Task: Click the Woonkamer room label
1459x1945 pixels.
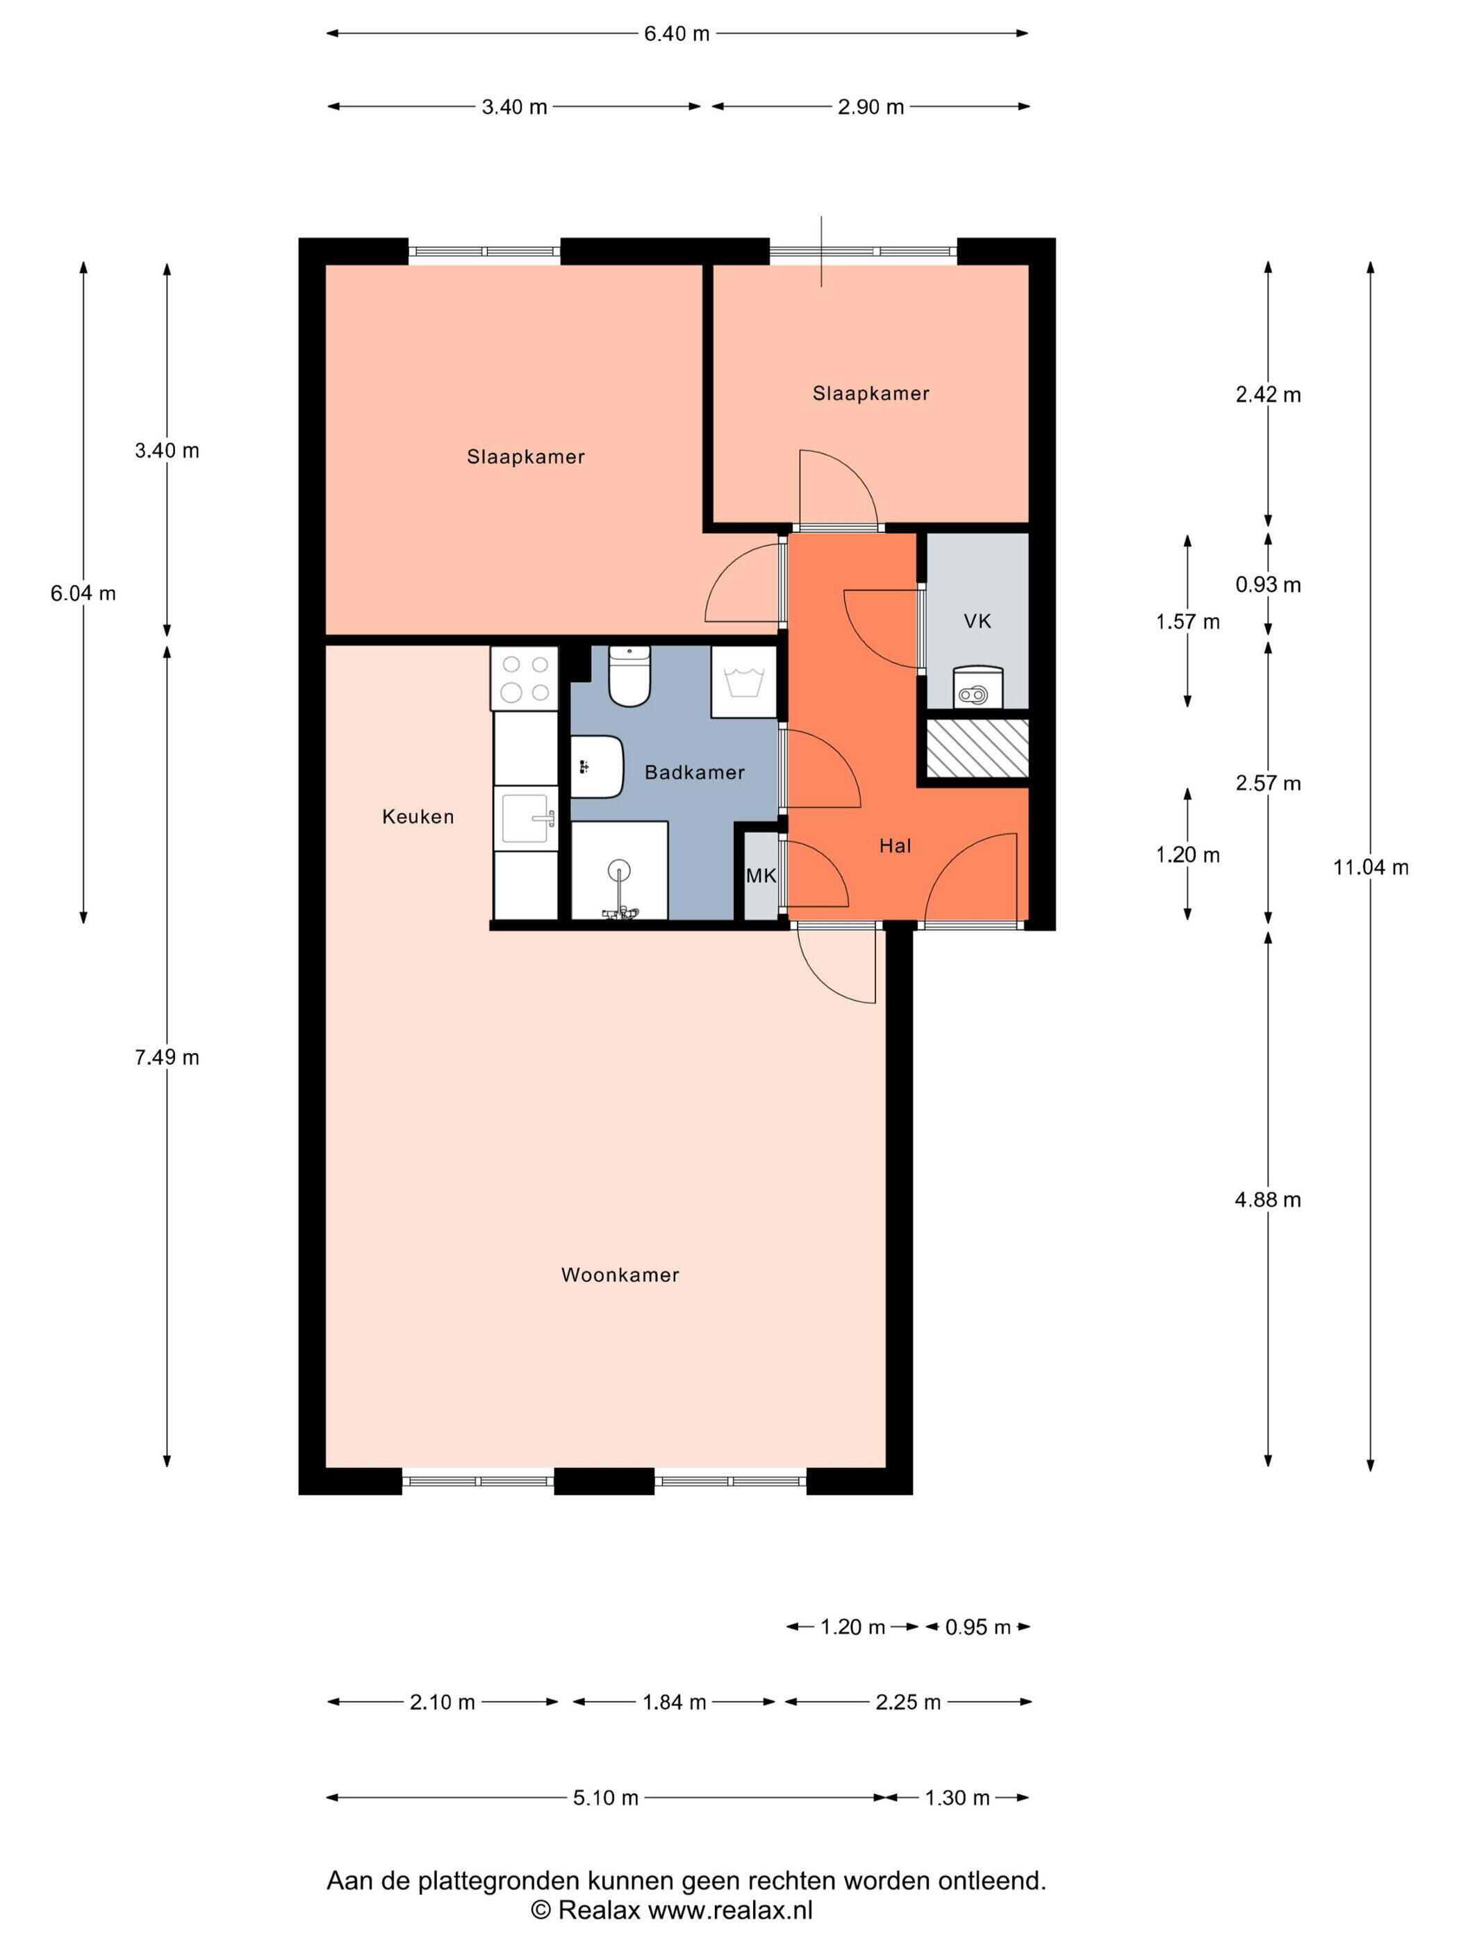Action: point(620,1275)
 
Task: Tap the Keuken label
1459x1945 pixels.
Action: point(418,817)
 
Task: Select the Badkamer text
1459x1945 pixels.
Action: point(695,772)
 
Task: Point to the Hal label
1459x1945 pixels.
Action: point(896,846)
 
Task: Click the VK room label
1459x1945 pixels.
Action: point(977,622)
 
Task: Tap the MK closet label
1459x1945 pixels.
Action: point(761,876)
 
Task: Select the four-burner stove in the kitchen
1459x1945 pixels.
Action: point(524,678)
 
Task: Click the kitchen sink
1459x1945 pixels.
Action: point(526,818)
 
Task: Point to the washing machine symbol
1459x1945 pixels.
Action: point(744,682)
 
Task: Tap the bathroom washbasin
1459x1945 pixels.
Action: point(597,767)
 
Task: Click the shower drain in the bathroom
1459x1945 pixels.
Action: point(619,870)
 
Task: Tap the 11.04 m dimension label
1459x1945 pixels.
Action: point(1370,868)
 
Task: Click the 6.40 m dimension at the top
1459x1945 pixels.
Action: point(676,33)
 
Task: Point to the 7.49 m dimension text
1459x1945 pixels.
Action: point(167,1057)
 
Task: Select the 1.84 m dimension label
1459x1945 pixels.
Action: point(675,1703)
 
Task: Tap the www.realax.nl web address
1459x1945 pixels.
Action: point(730,1910)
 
